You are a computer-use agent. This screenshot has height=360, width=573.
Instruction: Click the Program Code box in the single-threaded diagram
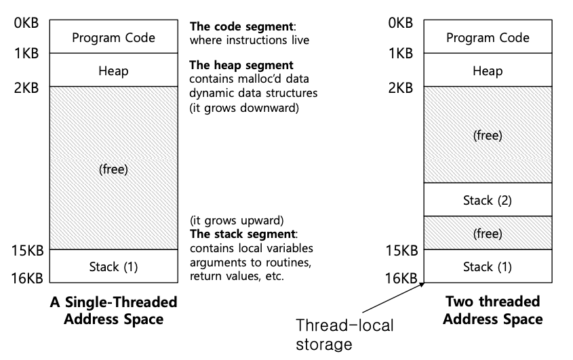tap(113, 37)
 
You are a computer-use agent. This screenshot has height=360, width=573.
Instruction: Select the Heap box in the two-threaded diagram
tap(487, 71)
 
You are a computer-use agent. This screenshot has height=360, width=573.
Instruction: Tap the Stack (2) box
tap(487, 200)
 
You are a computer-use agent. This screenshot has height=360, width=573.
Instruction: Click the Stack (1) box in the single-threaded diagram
tap(113, 266)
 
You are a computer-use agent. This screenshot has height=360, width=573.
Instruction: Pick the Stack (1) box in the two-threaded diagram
tap(487, 266)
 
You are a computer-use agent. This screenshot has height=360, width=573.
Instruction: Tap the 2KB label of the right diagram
tap(400, 87)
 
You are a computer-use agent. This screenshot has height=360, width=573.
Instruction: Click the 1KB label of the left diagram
tap(26, 54)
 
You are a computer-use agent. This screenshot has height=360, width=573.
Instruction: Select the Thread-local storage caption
tap(344, 334)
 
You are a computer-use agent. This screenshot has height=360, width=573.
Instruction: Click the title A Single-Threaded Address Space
tap(113, 310)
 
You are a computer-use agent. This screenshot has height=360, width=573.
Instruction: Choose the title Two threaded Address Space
tap(493, 310)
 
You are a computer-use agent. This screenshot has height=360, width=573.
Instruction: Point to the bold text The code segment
tap(242, 27)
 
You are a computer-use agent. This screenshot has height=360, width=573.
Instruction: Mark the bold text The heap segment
tap(241, 65)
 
